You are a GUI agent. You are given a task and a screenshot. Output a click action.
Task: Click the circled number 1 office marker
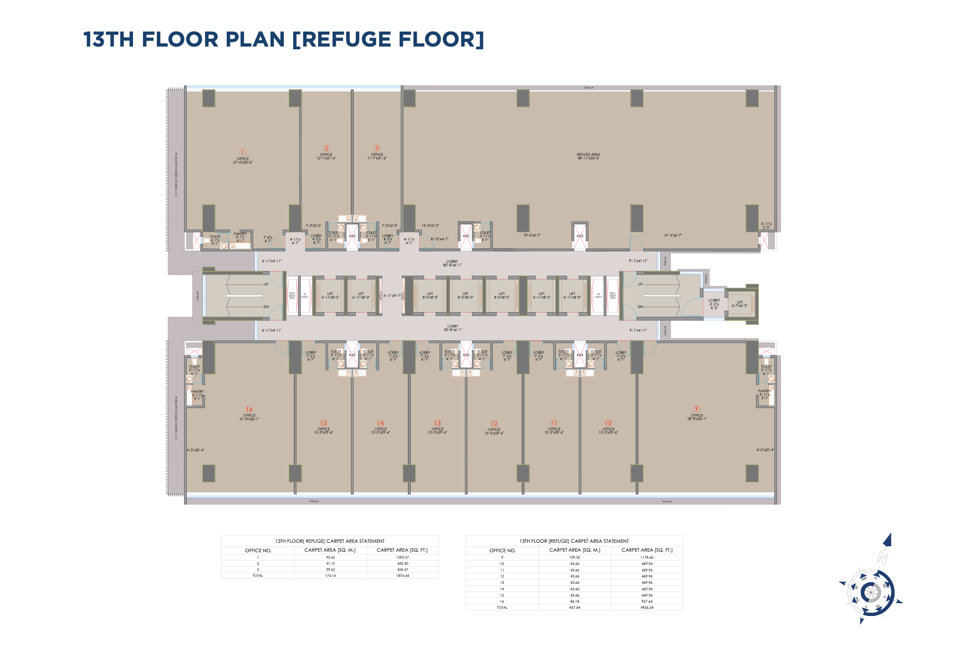point(242,152)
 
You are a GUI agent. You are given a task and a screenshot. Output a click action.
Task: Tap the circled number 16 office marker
point(249,409)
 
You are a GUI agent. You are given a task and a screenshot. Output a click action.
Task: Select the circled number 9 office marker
point(697,409)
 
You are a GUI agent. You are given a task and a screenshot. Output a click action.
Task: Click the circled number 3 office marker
point(377,148)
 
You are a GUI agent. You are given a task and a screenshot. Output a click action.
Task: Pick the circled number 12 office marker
point(494,424)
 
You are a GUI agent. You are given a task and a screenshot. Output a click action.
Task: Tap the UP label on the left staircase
point(266,284)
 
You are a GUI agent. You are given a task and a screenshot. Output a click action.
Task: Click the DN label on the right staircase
point(640,307)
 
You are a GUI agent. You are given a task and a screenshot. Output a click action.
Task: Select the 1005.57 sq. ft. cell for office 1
point(402,557)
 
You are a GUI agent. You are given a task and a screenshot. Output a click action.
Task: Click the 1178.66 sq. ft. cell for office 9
point(647,557)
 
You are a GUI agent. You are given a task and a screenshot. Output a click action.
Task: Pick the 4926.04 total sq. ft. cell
point(647,608)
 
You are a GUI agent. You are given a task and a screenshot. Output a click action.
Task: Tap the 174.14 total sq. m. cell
point(330,576)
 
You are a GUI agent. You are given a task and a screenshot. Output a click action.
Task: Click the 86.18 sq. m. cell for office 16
point(575,601)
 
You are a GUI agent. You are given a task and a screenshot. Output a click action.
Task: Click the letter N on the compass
point(882,557)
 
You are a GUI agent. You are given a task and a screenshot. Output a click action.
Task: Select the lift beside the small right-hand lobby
point(739,304)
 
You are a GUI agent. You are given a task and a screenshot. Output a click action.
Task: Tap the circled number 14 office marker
point(381,423)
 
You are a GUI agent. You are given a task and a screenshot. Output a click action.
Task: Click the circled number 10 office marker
point(608,423)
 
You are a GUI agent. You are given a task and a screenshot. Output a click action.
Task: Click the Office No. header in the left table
point(258,551)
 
